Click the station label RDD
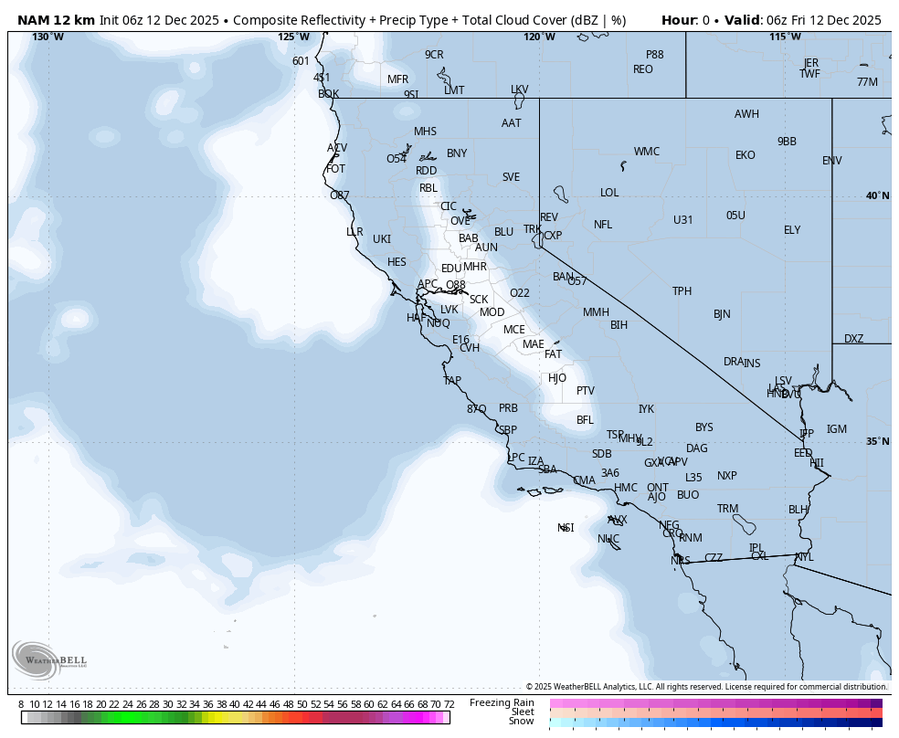(426, 171)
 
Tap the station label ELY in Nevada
(791, 230)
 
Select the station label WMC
(646, 152)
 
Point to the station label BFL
(585, 420)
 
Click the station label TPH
(682, 291)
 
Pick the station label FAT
(553, 354)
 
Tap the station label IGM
(836, 429)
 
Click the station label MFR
(397, 79)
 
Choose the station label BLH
(799, 510)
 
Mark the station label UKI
(382, 239)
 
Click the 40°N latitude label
(877, 196)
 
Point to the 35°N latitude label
(877, 442)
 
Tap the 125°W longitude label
(293, 37)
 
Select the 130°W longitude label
(48, 37)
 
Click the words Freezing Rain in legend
(502, 701)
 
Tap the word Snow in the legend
(521, 722)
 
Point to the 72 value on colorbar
(449, 704)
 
